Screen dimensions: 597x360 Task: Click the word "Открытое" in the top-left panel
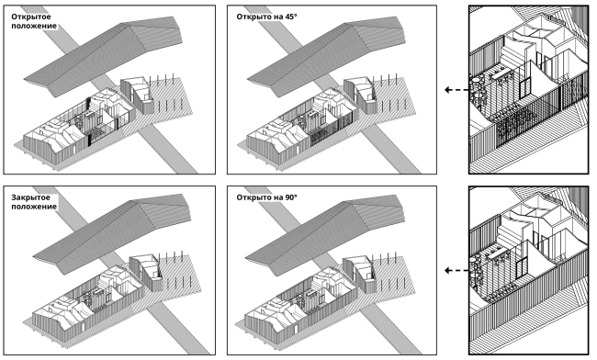coord(31,17)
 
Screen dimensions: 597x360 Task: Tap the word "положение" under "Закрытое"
coord(34,207)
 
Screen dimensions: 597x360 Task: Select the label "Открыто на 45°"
coord(266,17)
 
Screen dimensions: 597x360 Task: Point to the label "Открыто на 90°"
coord(266,197)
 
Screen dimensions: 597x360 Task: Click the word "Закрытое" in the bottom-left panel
coord(31,197)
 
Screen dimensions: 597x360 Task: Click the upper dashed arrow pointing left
coord(456,90)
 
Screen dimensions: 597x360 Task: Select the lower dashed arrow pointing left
coord(456,271)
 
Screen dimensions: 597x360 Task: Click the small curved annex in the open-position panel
coord(138,96)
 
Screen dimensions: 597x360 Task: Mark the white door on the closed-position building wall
coord(83,327)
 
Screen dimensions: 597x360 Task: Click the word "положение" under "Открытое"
coord(34,26)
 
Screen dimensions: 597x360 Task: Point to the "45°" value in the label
coord(290,17)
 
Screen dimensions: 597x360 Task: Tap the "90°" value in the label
coord(290,197)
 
